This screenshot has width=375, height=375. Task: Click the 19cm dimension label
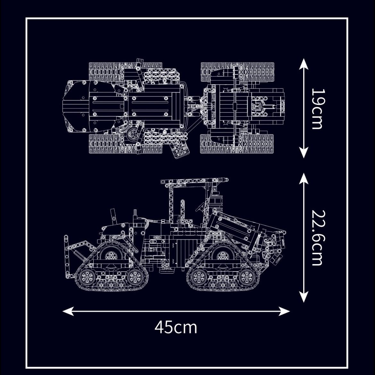(317, 109)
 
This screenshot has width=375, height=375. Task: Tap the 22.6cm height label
(317, 238)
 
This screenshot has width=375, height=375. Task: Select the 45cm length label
(176, 327)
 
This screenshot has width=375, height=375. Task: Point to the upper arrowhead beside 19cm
(304, 64)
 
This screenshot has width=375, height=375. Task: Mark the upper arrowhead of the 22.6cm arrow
(304, 179)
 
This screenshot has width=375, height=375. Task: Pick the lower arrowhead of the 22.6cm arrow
(304, 296)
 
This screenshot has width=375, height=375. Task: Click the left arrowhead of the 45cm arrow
(68, 311)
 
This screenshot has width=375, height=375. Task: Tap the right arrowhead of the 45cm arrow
(284, 311)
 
